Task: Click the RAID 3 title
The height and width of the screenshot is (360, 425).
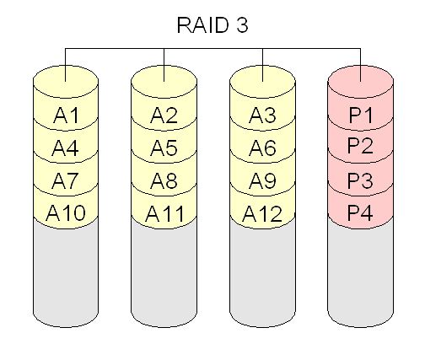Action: (x=212, y=25)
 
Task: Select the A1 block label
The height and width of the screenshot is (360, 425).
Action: (x=66, y=116)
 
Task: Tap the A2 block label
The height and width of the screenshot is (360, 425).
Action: (x=164, y=116)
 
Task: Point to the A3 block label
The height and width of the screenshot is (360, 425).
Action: (x=262, y=116)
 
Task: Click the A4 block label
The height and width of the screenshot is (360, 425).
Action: (x=65, y=148)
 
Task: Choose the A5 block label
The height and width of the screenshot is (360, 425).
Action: (x=164, y=148)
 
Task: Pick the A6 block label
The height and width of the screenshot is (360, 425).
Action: (x=262, y=148)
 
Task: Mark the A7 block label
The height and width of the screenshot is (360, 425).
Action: (x=65, y=180)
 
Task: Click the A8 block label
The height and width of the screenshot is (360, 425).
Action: (x=164, y=180)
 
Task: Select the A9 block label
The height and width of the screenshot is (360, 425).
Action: (x=262, y=180)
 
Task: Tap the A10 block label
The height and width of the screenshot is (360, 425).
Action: (x=66, y=212)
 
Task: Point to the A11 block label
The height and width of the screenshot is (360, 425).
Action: (x=164, y=213)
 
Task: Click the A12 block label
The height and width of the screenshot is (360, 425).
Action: (x=262, y=213)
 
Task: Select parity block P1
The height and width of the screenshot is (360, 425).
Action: (x=361, y=116)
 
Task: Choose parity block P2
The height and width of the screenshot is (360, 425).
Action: (x=361, y=146)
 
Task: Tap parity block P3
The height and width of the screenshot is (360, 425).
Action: (x=361, y=180)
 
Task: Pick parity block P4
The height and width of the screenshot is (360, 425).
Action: (x=361, y=212)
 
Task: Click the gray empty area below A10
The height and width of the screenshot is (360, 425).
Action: (x=66, y=277)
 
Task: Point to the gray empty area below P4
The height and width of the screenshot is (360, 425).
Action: (x=361, y=277)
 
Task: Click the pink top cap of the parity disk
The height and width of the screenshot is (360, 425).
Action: (x=361, y=82)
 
